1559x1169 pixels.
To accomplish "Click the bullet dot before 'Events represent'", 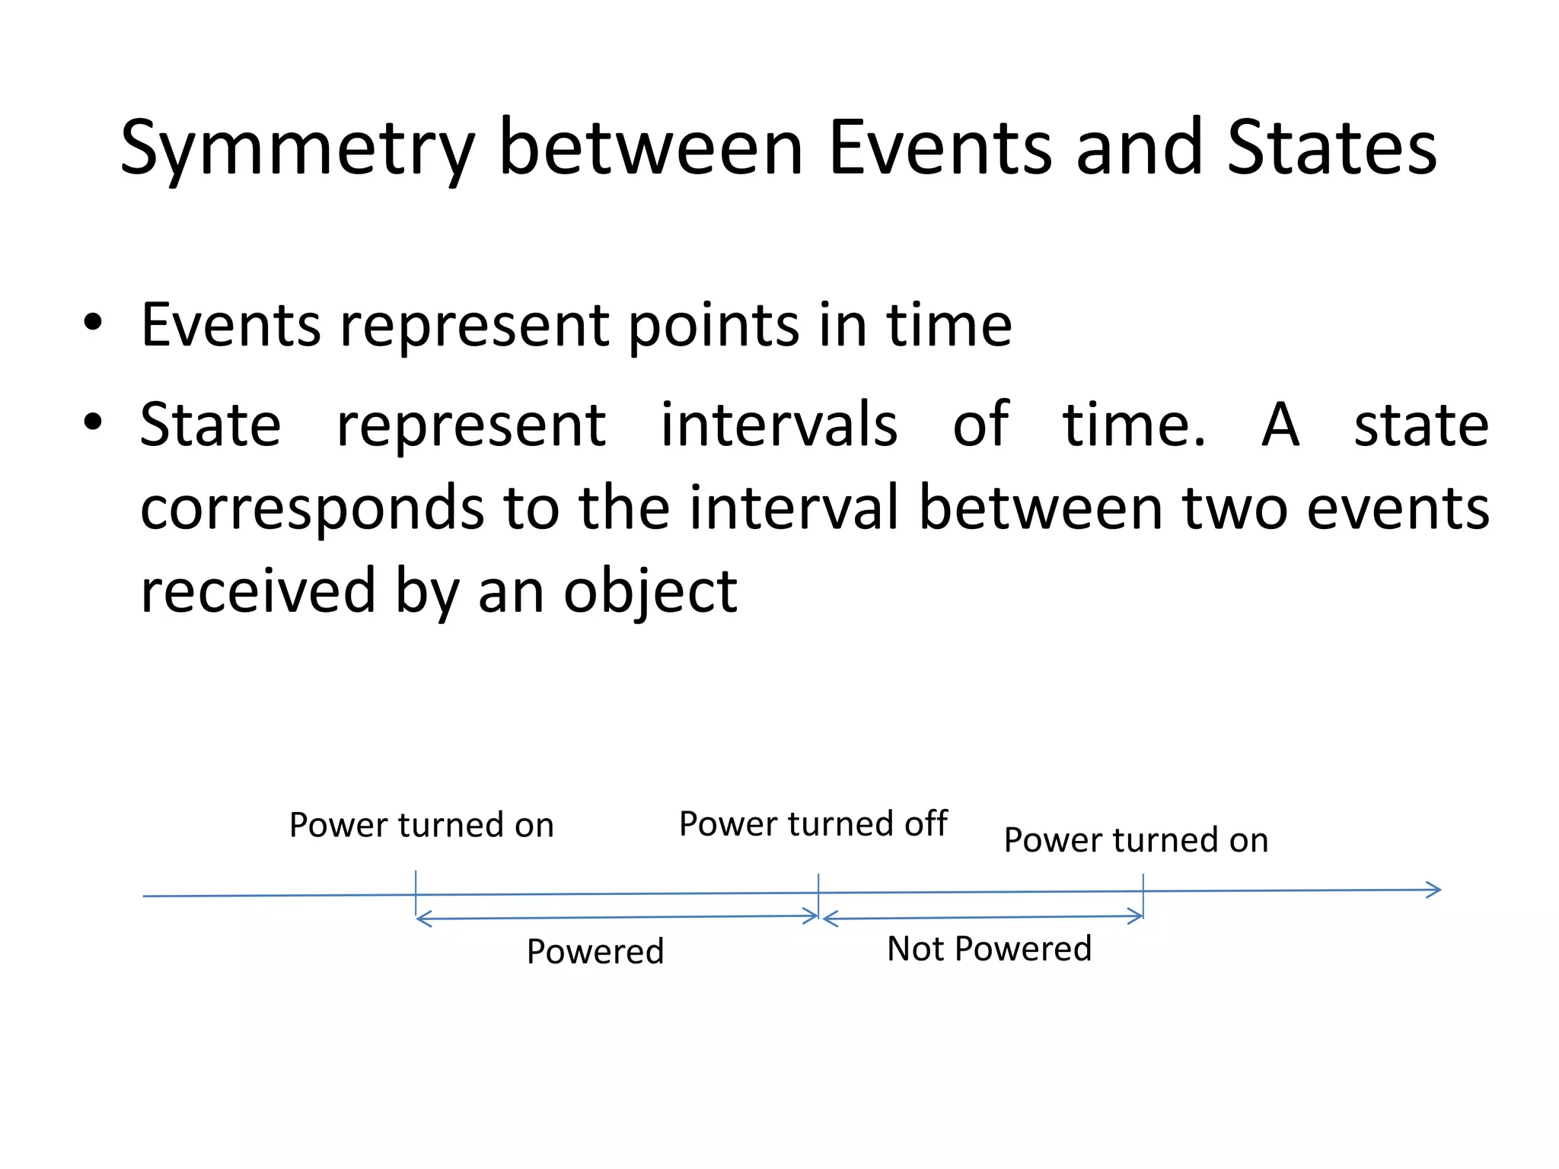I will [x=93, y=323].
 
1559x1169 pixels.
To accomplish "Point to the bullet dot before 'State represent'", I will [x=93, y=422].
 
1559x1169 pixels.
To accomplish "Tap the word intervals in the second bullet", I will [x=778, y=425].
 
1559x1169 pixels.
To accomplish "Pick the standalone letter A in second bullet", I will [x=1280, y=425].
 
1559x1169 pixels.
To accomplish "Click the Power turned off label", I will [x=813, y=823].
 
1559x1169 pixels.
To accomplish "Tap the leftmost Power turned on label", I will [x=421, y=825].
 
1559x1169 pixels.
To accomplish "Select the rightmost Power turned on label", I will [x=1136, y=840].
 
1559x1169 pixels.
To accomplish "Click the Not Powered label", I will [x=989, y=949].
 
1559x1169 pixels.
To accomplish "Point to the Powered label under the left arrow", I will [x=595, y=951].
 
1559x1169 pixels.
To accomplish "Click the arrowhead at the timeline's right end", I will [x=1434, y=890].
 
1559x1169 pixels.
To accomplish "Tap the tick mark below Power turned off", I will [x=818, y=892].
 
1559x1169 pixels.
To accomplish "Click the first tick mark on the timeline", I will [x=416, y=893].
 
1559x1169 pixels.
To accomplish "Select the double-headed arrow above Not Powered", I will [x=982, y=918].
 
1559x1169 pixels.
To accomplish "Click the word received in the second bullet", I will [x=258, y=592].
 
